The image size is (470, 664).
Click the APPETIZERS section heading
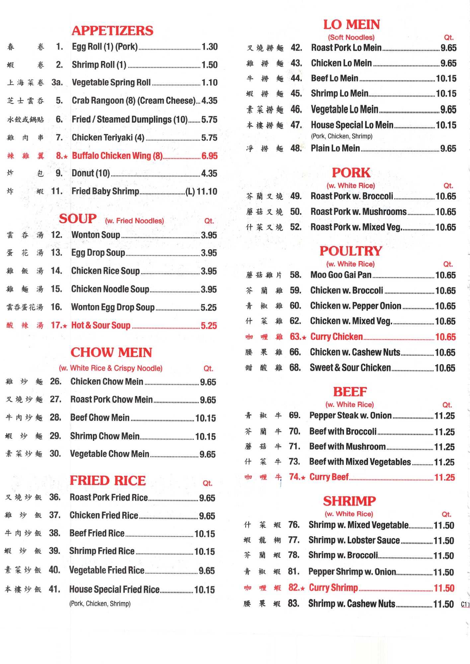113,31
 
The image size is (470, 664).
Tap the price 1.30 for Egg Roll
209,47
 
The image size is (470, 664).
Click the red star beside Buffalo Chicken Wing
66,156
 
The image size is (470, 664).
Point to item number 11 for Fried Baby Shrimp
57,191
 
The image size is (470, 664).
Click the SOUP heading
78,219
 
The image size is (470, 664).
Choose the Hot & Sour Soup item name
101,325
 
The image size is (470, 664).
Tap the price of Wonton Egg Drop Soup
208,307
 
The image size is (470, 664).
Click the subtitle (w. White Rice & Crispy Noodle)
111,368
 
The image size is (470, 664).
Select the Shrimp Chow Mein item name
105,436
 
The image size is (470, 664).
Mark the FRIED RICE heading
108,480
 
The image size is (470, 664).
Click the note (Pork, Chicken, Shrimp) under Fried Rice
100,604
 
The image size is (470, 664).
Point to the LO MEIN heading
352,25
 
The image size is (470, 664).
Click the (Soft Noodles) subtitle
351,38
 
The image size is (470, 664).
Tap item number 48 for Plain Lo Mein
296,148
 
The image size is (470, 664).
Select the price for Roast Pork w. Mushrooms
445,212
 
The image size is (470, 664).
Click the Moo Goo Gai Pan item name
341,275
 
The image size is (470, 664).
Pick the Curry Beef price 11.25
444,477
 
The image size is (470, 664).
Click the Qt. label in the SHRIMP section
446,514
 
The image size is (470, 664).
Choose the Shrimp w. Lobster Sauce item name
354,540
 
